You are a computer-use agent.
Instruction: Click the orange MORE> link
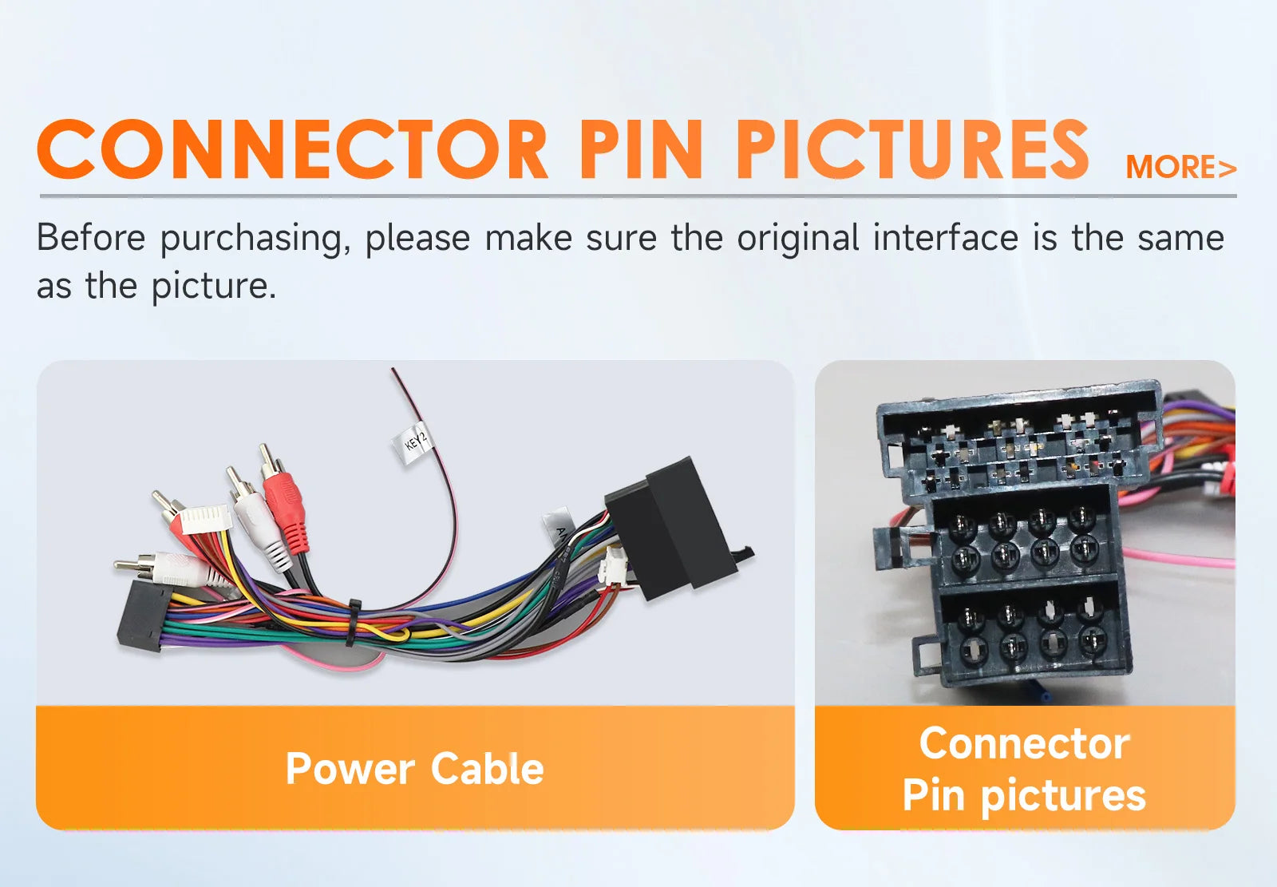pyautogui.click(x=1180, y=167)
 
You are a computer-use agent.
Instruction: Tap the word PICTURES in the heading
pyautogui.click(x=912, y=149)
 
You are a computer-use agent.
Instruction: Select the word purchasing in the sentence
pyautogui.click(x=255, y=239)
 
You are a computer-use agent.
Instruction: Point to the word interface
pyautogui.click(x=945, y=237)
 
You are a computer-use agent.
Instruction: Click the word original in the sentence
pyautogui.click(x=797, y=239)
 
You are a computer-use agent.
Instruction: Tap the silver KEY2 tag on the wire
pyautogui.click(x=413, y=442)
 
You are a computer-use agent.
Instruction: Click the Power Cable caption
pyautogui.click(x=414, y=768)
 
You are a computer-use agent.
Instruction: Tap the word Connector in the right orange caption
pyautogui.click(x=1025, y=743)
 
